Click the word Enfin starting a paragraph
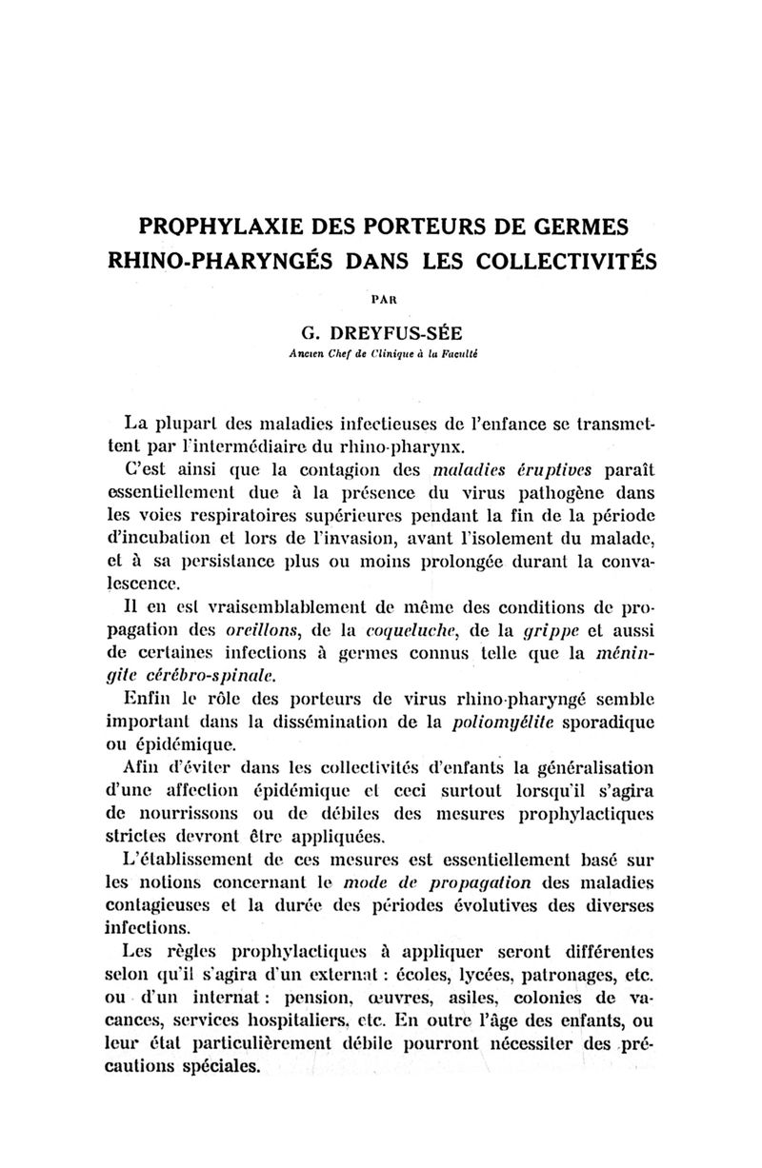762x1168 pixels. (x=150, y=699)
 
